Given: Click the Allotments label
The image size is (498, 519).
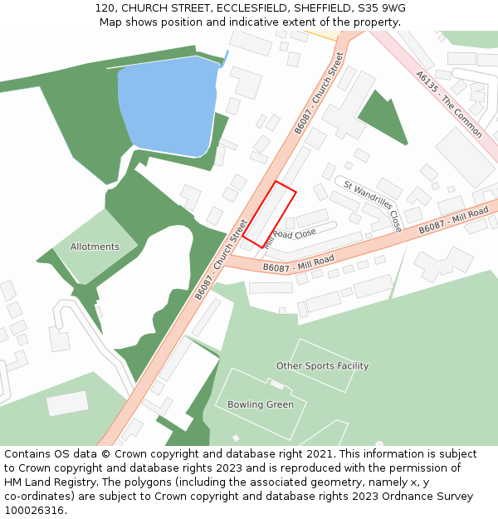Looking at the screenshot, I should [95, 247].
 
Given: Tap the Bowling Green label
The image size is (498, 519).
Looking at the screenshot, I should [261, 405].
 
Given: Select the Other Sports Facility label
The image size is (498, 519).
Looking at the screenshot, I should [322, 366].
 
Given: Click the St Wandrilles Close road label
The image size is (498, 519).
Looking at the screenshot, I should [373, 205].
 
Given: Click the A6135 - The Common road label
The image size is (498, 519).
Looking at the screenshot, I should [449, 104].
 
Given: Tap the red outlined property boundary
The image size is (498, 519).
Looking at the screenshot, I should [269, 214].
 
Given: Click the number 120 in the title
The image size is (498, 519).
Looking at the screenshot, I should [105, 7].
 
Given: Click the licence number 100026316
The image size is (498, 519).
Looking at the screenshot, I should [34, 511].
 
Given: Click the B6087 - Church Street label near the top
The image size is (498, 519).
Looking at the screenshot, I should [319, 92].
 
